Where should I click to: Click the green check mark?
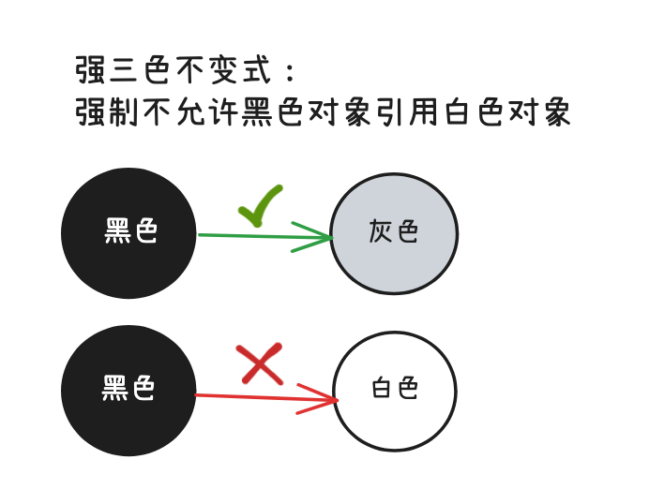pos(260,205)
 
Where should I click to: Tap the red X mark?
pos(261,364)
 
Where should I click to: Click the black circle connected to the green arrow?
pos(128,233)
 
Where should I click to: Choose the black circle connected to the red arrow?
pos(128,391)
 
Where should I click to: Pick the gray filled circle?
pos(394,233)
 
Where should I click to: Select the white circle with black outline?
pos(395,391)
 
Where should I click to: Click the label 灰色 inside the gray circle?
pos(394,231)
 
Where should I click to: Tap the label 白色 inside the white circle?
pos(395,388)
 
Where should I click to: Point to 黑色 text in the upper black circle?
pos(130,230)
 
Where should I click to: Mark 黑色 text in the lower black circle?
pos(128,388)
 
